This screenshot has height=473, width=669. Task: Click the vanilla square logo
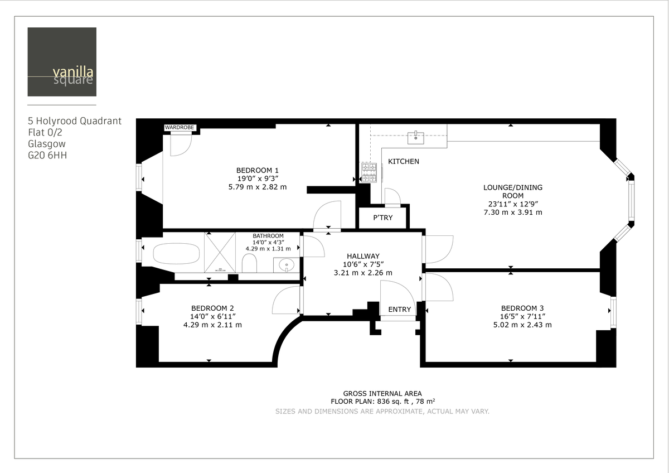click(62, 62)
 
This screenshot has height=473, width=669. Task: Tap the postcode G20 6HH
click(47, 156)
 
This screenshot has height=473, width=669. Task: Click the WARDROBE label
click(180, 128)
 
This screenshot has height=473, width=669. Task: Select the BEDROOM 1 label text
click(257, 170)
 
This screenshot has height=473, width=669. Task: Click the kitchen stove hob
click(370, 172)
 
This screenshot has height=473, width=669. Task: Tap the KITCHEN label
click(404, 161)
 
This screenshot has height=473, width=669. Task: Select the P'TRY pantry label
click(382, 218)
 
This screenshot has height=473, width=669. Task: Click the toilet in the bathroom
click(249, 263)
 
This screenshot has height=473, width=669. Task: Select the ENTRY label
click(399, 310)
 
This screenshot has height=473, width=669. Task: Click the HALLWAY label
click(363, 256)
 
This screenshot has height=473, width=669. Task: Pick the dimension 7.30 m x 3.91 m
click(512, 212)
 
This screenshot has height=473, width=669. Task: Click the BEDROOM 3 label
click(522, 308)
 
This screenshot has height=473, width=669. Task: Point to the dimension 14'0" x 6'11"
click(212, 316)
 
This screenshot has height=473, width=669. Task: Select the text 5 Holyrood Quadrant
click(74, 120)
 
